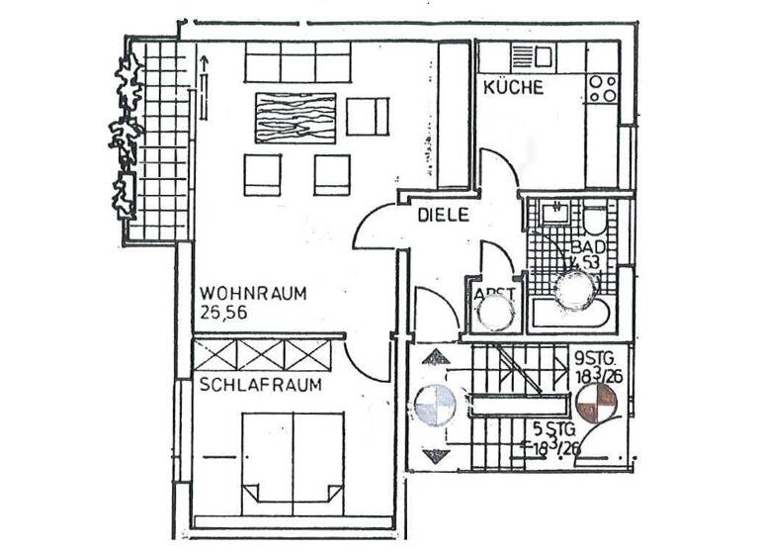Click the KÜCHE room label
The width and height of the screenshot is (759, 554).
513,87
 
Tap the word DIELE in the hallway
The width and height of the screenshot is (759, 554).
442,214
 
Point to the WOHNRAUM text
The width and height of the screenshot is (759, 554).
253,294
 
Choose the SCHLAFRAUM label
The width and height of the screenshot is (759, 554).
260,385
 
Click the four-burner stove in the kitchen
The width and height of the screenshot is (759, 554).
602,89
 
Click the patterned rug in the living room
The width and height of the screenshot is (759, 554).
295,118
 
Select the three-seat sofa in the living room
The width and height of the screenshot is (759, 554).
296,63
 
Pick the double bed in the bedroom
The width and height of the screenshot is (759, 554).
294,458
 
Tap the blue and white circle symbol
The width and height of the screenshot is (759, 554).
434,405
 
